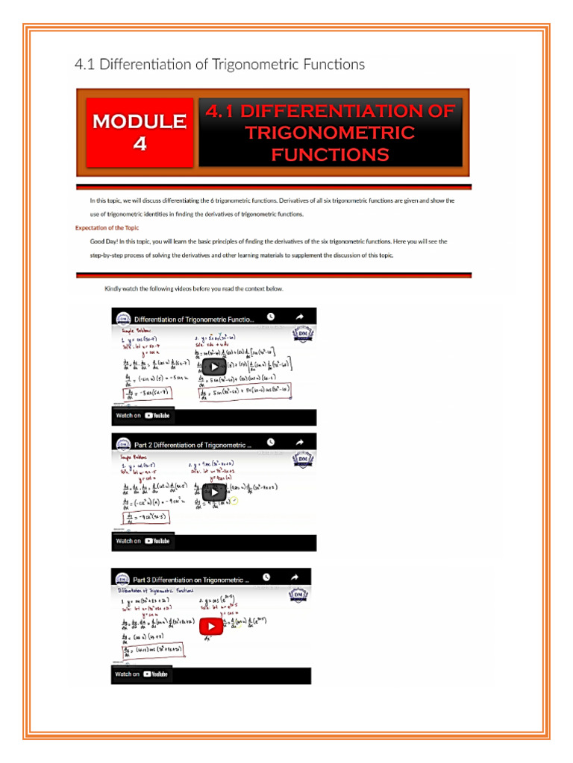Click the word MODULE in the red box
(x=140, y=121)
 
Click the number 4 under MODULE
(x=140, y=144)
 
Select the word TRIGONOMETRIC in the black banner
(x=330, y=133)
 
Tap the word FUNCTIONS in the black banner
(x=330, y=155)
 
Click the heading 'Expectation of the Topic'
(x=107, y=227)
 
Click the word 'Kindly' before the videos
(x=115, y=288)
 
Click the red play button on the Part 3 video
(x=210, y=626)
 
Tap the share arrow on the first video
(x=299, y=317)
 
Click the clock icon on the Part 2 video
(x=271, y=443)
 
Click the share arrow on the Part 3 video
(x=295, y=577)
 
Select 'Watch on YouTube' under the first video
(x=143, y=415)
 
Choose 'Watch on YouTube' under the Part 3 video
(x=142, y=674)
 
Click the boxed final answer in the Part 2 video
(x=147, y=516)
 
